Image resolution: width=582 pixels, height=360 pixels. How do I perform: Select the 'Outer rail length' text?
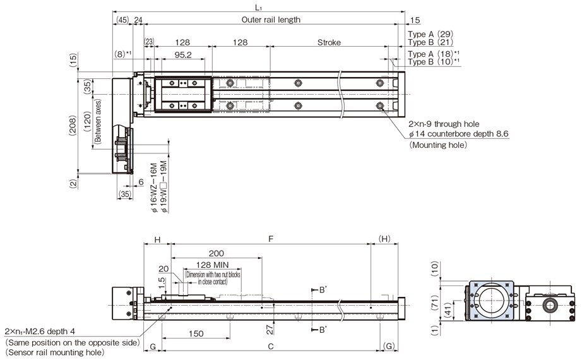[x=271, y=20]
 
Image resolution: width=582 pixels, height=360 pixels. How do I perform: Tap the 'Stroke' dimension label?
[x=328, y=43]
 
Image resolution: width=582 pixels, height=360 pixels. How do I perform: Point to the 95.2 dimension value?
[x=183, y=55]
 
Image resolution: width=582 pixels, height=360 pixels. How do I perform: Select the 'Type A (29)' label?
[x=431, y=33]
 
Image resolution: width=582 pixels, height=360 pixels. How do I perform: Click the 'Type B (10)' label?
[x=434, y=62]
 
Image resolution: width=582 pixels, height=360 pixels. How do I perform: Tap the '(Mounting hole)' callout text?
[x=437, y=145]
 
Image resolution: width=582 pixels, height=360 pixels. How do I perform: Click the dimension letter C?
[x=271, y=347]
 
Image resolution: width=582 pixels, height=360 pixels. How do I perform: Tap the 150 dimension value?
[x=196, y=333]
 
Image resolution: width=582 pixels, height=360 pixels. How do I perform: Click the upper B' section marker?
[x=322, y=290]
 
